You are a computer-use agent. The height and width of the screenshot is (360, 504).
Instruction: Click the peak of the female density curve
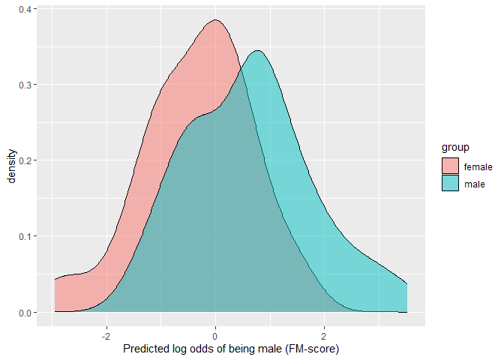[x=215, y=20]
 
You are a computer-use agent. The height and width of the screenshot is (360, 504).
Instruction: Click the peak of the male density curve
[x=257, y=51]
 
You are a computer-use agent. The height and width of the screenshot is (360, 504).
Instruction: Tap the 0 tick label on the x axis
[x=215, y=335]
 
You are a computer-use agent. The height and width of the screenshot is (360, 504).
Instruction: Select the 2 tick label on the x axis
[x=324, y=335]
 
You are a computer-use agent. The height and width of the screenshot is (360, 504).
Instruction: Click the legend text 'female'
[x=478, y=166]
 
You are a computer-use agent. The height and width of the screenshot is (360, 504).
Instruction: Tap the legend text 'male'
[x=474, y=184]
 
